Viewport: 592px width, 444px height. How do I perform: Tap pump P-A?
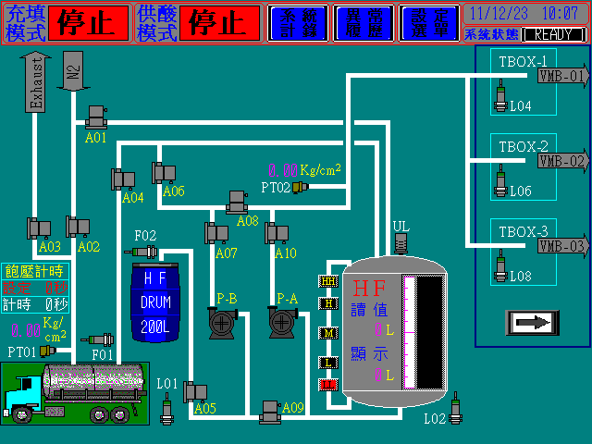point(281,321)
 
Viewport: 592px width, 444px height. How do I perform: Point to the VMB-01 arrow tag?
point(562,76)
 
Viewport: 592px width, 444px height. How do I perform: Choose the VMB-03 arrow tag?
point(562,246)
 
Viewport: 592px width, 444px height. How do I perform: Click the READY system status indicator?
point(553,34)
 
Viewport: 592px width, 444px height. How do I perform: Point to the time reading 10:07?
point(560,14)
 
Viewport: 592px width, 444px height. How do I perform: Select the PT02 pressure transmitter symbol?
point(299,188)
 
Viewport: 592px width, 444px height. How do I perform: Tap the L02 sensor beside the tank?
point(454,403)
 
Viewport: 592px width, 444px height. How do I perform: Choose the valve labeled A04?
point(124,178)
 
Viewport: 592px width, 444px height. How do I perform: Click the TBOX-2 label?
point(524,146)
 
